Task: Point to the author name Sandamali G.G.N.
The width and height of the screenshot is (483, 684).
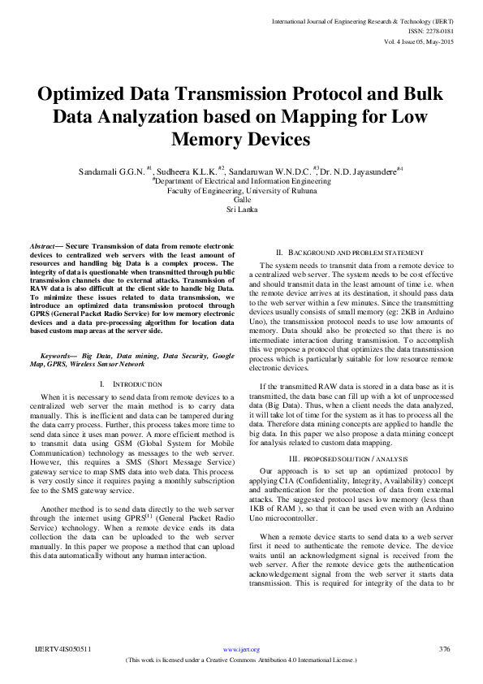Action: click(112, 171)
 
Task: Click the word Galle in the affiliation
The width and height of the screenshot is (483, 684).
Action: click(241, 199)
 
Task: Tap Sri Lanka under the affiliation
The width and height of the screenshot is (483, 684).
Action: click(241, 209)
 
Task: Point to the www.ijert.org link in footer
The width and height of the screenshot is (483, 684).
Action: click(241, 650)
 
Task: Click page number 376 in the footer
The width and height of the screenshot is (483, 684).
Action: click(444, 650)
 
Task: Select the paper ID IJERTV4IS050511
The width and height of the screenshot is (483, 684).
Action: click(63, 650)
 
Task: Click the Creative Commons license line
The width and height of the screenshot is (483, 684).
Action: click(241, 661)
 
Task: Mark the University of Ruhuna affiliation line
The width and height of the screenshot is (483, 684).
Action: click(241, 190)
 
